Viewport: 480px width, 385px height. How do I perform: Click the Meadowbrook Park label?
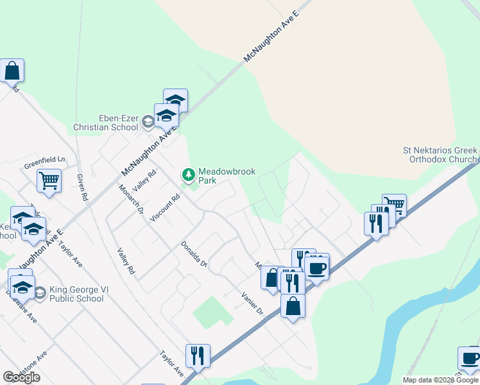218,176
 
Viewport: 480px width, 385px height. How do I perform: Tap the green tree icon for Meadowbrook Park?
189,174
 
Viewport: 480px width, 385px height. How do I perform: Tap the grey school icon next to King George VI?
39,293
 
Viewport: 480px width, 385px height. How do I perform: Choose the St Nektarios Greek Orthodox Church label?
440,155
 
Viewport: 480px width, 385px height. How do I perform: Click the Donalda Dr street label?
194,253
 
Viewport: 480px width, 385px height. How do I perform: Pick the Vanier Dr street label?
252,303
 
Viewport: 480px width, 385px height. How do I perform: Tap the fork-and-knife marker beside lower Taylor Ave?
198,355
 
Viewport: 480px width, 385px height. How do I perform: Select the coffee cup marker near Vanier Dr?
316,267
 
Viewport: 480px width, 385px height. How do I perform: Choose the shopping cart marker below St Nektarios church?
394,205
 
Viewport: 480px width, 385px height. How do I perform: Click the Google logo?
21,377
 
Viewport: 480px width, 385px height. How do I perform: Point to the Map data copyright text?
440,380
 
